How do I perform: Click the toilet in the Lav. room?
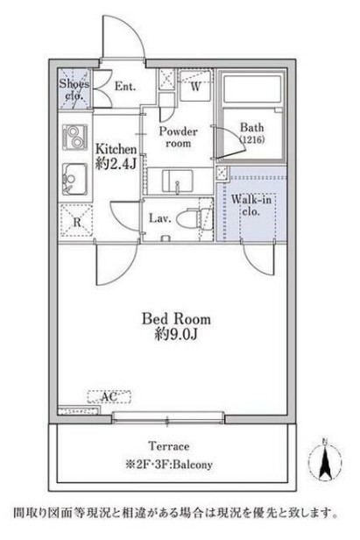click(188, 218)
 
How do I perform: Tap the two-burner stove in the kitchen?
click(74, 137)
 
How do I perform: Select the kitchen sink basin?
click(74, 180)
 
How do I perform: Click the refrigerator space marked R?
click(76, 220)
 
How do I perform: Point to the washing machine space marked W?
click(194, 86)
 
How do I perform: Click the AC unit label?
click(109, 397)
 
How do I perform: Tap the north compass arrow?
click(325, 460)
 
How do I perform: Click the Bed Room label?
click(176, 318)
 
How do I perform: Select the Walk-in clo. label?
click(251, 205)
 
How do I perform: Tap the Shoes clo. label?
click(74, 89)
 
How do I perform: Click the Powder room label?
click(178, 137)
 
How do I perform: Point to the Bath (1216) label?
click(252, 133)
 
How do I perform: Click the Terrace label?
click(169, 446)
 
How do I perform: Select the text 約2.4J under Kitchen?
click(116, 164)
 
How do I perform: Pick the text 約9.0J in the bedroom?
click(176, 334)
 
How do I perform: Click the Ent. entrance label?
click(125, 86)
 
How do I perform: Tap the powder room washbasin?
click(177, 181)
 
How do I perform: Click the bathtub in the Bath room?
click(252, 89)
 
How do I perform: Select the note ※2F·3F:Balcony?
click(169, 465)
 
